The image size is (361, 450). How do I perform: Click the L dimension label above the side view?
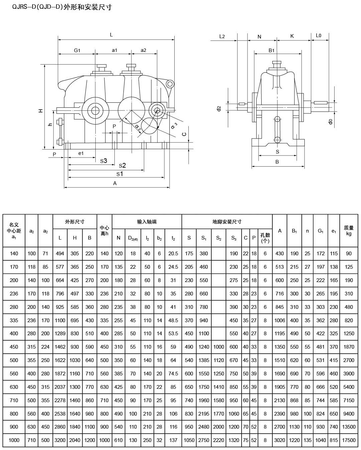111,34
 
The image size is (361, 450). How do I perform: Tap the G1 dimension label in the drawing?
77,50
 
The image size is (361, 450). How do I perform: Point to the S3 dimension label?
104,161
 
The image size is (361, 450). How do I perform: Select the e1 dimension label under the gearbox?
81,153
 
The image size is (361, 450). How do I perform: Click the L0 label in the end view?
319,36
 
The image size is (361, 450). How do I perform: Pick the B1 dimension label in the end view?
271,50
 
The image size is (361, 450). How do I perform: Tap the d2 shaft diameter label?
219,108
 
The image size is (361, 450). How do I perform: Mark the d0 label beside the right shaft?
331,122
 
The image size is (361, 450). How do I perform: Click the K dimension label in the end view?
292,36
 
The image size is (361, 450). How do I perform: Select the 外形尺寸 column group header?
75,221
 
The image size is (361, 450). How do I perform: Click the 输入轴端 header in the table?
147,221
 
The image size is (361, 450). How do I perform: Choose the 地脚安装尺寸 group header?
227,221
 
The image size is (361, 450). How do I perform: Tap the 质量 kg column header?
349,231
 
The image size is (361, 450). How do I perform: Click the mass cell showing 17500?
349,440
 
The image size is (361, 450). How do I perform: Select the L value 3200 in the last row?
60,440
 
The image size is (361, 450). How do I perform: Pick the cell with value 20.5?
173,254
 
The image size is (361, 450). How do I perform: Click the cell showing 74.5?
173,374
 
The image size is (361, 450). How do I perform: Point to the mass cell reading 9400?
349,414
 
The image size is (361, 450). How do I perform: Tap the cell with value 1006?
280,320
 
